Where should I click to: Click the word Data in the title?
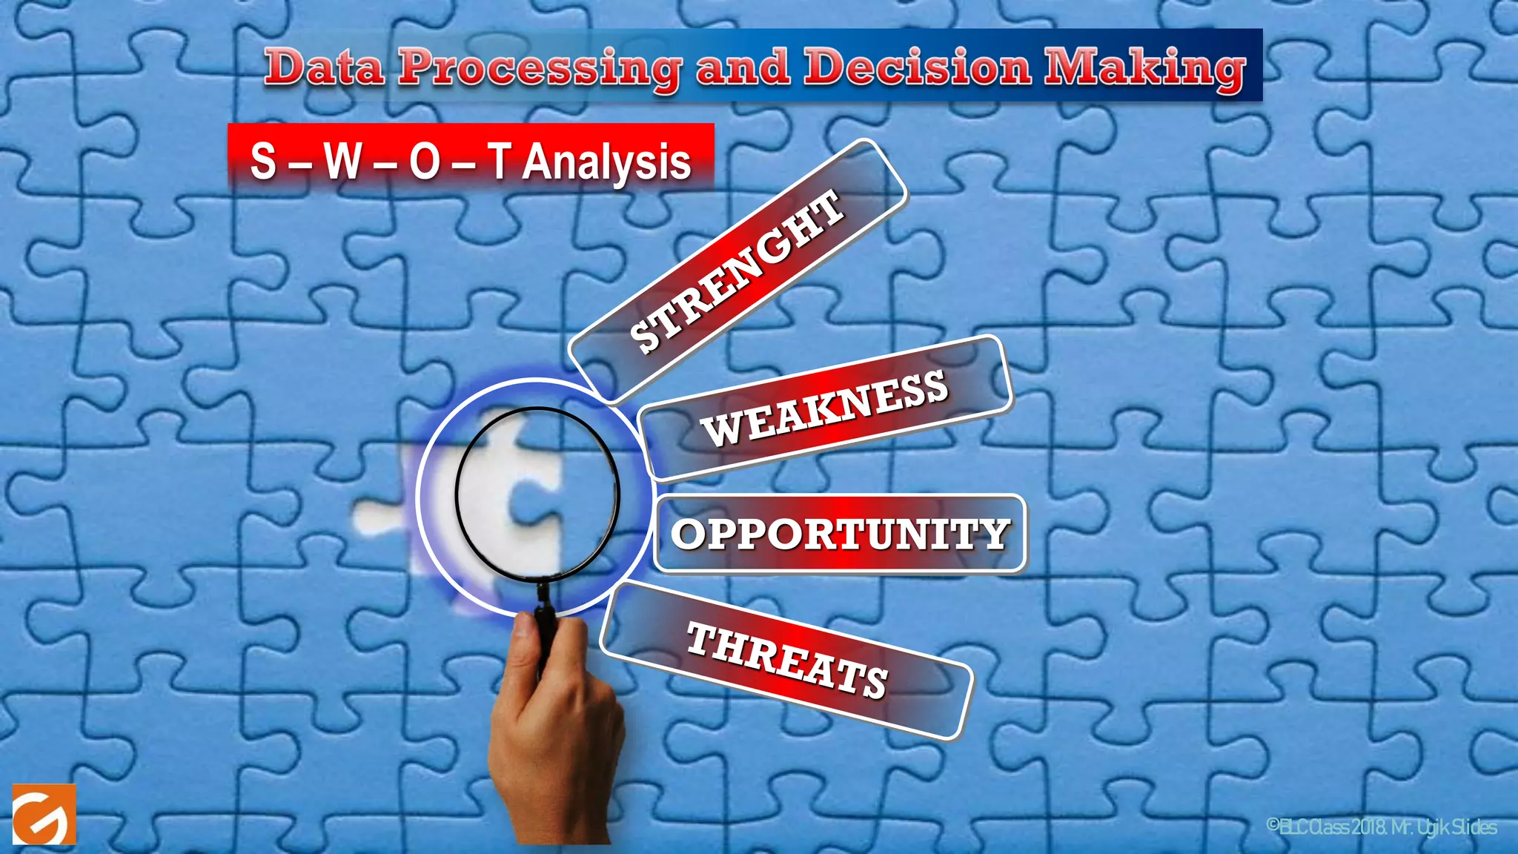tap(325, 67)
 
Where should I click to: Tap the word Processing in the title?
tap(540, 68)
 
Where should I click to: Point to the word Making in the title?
tap(1144, 68)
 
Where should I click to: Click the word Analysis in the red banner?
tap(606, 162)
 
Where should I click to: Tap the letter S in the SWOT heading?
tap(263, 161)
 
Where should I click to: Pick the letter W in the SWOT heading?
tap(342, 161)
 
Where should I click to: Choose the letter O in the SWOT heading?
tap(425, 161)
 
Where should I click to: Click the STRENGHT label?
tap(737, 271)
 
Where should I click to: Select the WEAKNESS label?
tap(824, 408)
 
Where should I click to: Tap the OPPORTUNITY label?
tap(840, 534)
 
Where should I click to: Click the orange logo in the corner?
tap(44, 814)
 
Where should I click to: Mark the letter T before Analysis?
tap(500, 161)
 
